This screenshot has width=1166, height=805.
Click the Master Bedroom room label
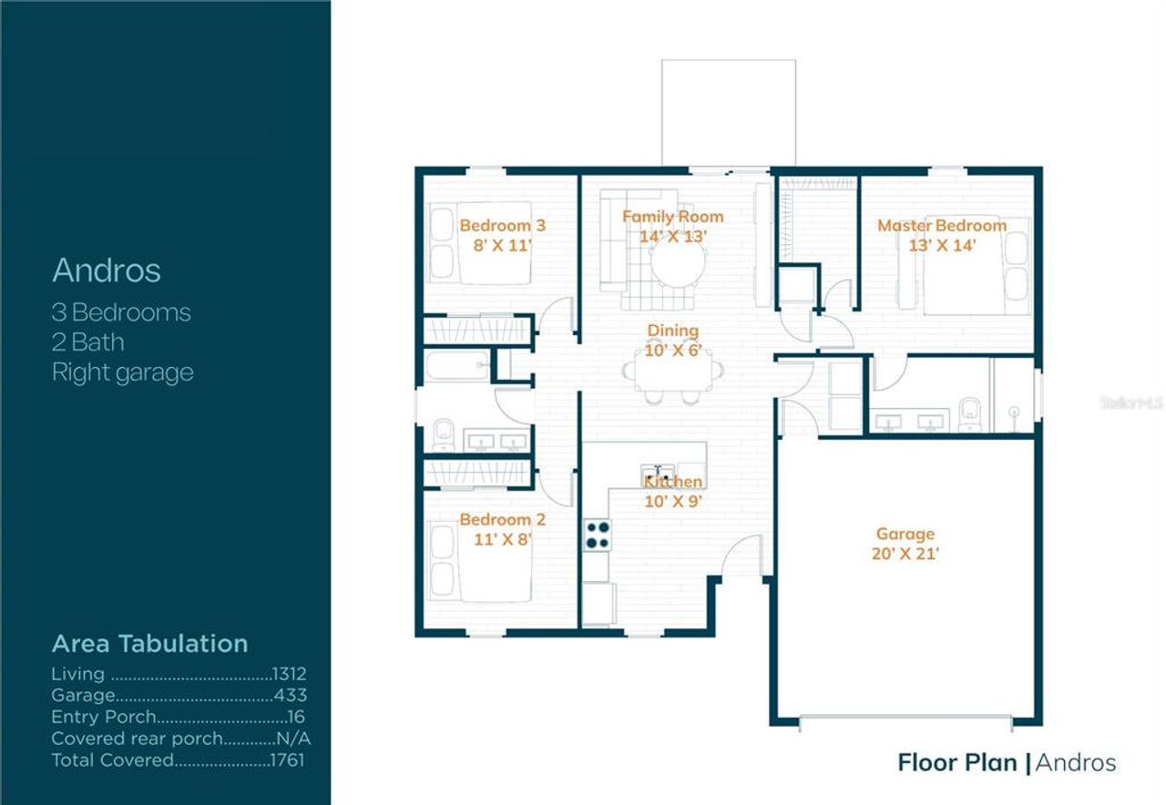(x=942, y=225)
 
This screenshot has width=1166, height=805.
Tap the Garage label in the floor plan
(x=905, y=535)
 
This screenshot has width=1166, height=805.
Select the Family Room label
(x=672, y=217)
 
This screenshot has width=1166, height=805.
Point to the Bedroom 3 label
(x=502, y=225)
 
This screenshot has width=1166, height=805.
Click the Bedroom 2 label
(x=502, y=519)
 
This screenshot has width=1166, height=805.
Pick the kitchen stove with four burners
(x=597, y=535)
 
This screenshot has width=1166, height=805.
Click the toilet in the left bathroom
(x=442, y=433)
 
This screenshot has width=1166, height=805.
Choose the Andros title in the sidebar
(x=107, y=270)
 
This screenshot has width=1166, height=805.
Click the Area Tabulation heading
(x=149, y=643)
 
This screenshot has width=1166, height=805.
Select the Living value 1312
(x=290, y=675)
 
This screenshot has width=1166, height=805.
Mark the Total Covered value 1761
(x=288, y=759)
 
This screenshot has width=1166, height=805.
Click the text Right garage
(x=122, y=372)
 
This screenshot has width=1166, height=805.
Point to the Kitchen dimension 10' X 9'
(x=673, y=500)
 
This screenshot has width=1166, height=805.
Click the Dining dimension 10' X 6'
(x=673, y=350)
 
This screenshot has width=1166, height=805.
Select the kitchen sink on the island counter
(x=659, y=472)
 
